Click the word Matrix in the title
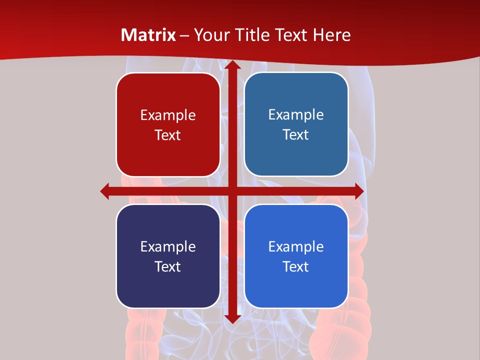point(148,35)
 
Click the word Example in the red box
point(168,115)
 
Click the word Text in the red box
point(168,135)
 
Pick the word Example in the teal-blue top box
point(296,115)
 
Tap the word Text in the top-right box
point(296,135)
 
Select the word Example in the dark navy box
point(168,247)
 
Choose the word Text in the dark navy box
point(168,267)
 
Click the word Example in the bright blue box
point(296,247)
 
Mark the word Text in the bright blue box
point(296,267)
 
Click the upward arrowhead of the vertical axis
point(232,64)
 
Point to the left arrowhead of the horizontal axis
point(104,191)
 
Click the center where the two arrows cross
point(232,191)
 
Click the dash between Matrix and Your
point(184,35)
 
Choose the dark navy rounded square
point(168,256)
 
